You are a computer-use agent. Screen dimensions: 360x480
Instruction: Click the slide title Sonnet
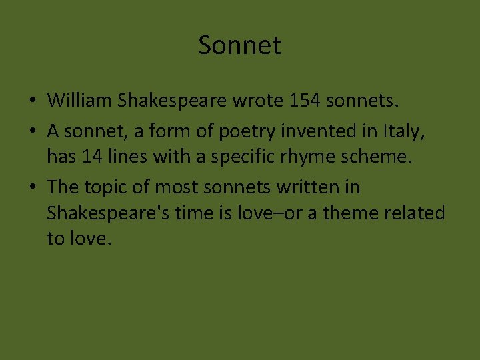[x=239, y=46]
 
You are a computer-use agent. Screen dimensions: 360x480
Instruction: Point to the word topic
[x=110, y=187]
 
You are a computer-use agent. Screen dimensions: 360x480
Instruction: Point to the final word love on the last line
[x=85, y=238]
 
